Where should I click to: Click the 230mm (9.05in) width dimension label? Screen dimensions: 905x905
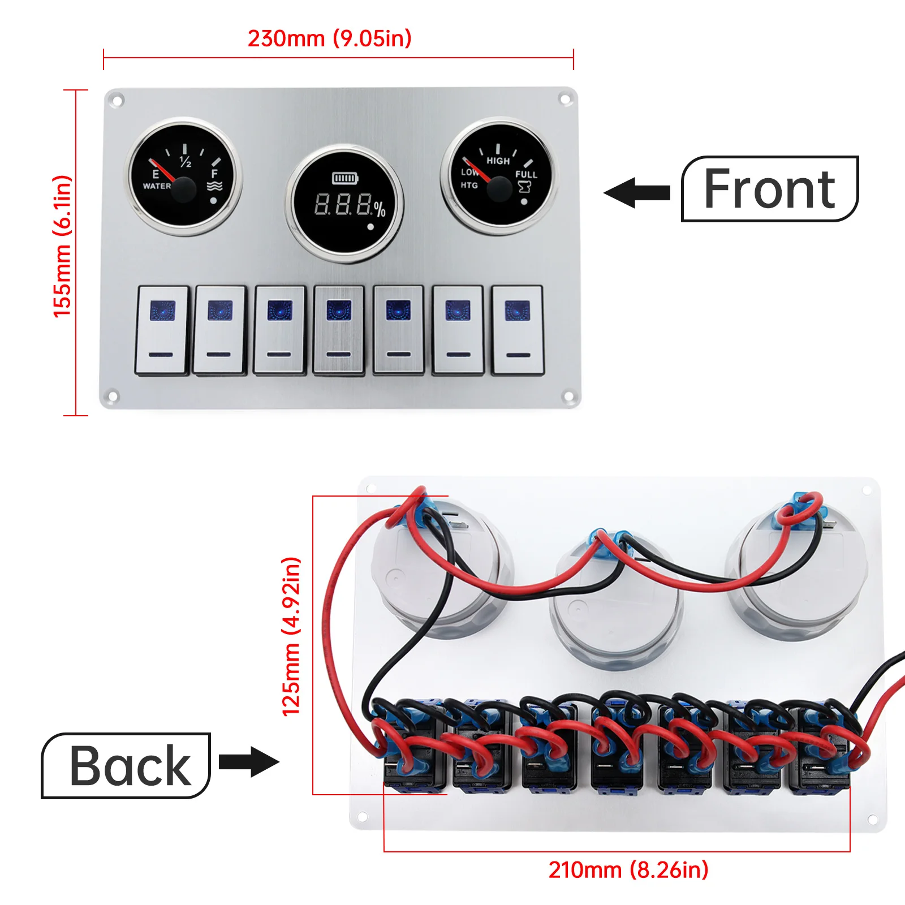pyautogui.click(x=329, y=38)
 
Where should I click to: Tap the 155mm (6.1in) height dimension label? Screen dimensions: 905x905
pyautogui.click(x=62, y=246)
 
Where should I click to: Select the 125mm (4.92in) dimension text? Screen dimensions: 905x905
pyautogui.click(x=291, y=636)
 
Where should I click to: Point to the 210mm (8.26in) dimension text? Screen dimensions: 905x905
pyautogui.click(x=628, y=870)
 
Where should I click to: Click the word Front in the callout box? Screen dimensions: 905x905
pyautogui.click(x=769, y=189)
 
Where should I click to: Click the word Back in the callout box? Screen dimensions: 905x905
pyautogui.click(x=130, y=766)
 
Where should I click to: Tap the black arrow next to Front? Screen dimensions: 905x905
pyautogui.click(x=637, y=193)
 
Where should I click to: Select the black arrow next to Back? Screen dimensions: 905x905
pyautogui.click(x=249, y=761)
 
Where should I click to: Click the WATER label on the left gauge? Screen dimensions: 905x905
pyautogui.click(x=157, y=186)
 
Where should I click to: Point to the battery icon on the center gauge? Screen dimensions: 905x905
pyautogui.click(x=345, y=178)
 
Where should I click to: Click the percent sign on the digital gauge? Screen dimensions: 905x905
pyautogui.click(x=380, y=209)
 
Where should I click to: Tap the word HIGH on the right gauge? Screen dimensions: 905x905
pyautogui.click(x=498, y=161)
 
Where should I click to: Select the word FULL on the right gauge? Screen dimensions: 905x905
pyautogui.click(x=526, y=175)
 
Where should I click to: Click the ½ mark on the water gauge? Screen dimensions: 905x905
pyautogui.click(x=186, y=162)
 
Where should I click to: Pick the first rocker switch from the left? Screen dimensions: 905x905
pyautogui.click(x=162, y=330)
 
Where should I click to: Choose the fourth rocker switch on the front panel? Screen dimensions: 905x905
pyautogui.click(x=339, y=330)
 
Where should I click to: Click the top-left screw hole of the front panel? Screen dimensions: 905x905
pyautogui.click(x=118, y=101)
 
